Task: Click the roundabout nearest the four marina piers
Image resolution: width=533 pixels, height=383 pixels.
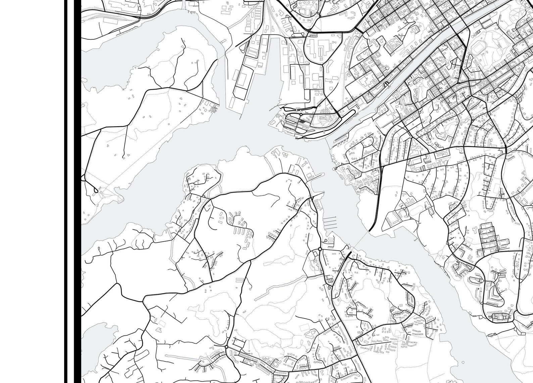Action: [x=320, y=249]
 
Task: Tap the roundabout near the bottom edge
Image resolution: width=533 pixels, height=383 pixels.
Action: [x=227, y=347]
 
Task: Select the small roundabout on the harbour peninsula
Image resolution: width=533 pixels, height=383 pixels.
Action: [x=301, y=114]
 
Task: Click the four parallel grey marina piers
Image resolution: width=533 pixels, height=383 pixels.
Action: [x=330, y=223]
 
